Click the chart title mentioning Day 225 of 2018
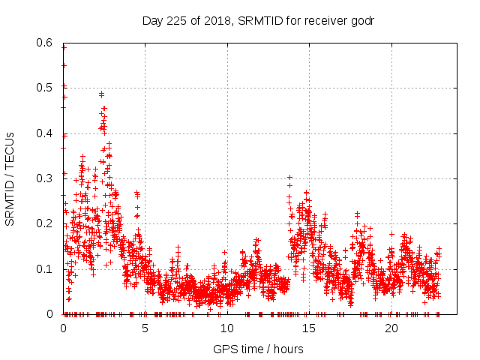pos(258,20)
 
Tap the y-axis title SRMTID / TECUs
pos(10,178)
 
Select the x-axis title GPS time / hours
pos(258,349)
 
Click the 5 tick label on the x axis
pos(145,328)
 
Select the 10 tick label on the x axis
pos(226,328)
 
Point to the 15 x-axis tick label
pos(309,328)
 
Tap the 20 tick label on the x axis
pos(391,328)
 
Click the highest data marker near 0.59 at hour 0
pos(64,47)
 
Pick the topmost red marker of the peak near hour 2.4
pos(101,94)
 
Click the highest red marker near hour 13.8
pos(289,177)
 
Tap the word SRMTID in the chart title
pos(259,20)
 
